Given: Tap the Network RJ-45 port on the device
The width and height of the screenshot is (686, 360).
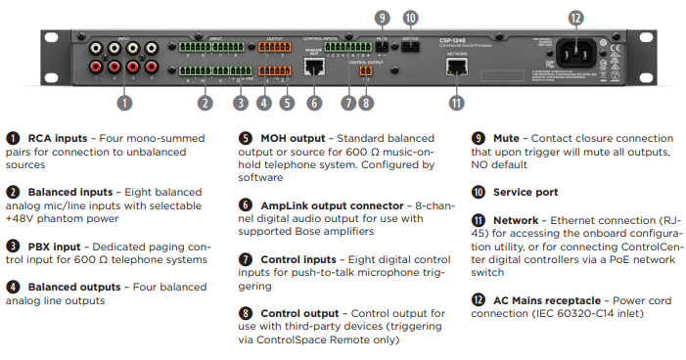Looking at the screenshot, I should coord(456,67).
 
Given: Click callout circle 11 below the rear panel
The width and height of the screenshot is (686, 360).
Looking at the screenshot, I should coord(455,101).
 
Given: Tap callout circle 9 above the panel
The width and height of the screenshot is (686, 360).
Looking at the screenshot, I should coord(381,17).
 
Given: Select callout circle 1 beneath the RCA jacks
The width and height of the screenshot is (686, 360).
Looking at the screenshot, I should coord(123,101).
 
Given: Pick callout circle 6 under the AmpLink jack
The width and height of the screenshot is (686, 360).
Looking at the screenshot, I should coord(314,101).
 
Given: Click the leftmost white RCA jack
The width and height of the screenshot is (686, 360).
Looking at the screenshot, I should coord(97,45).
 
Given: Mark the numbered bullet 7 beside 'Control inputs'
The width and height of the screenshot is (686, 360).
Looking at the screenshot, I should coord(246,259).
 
